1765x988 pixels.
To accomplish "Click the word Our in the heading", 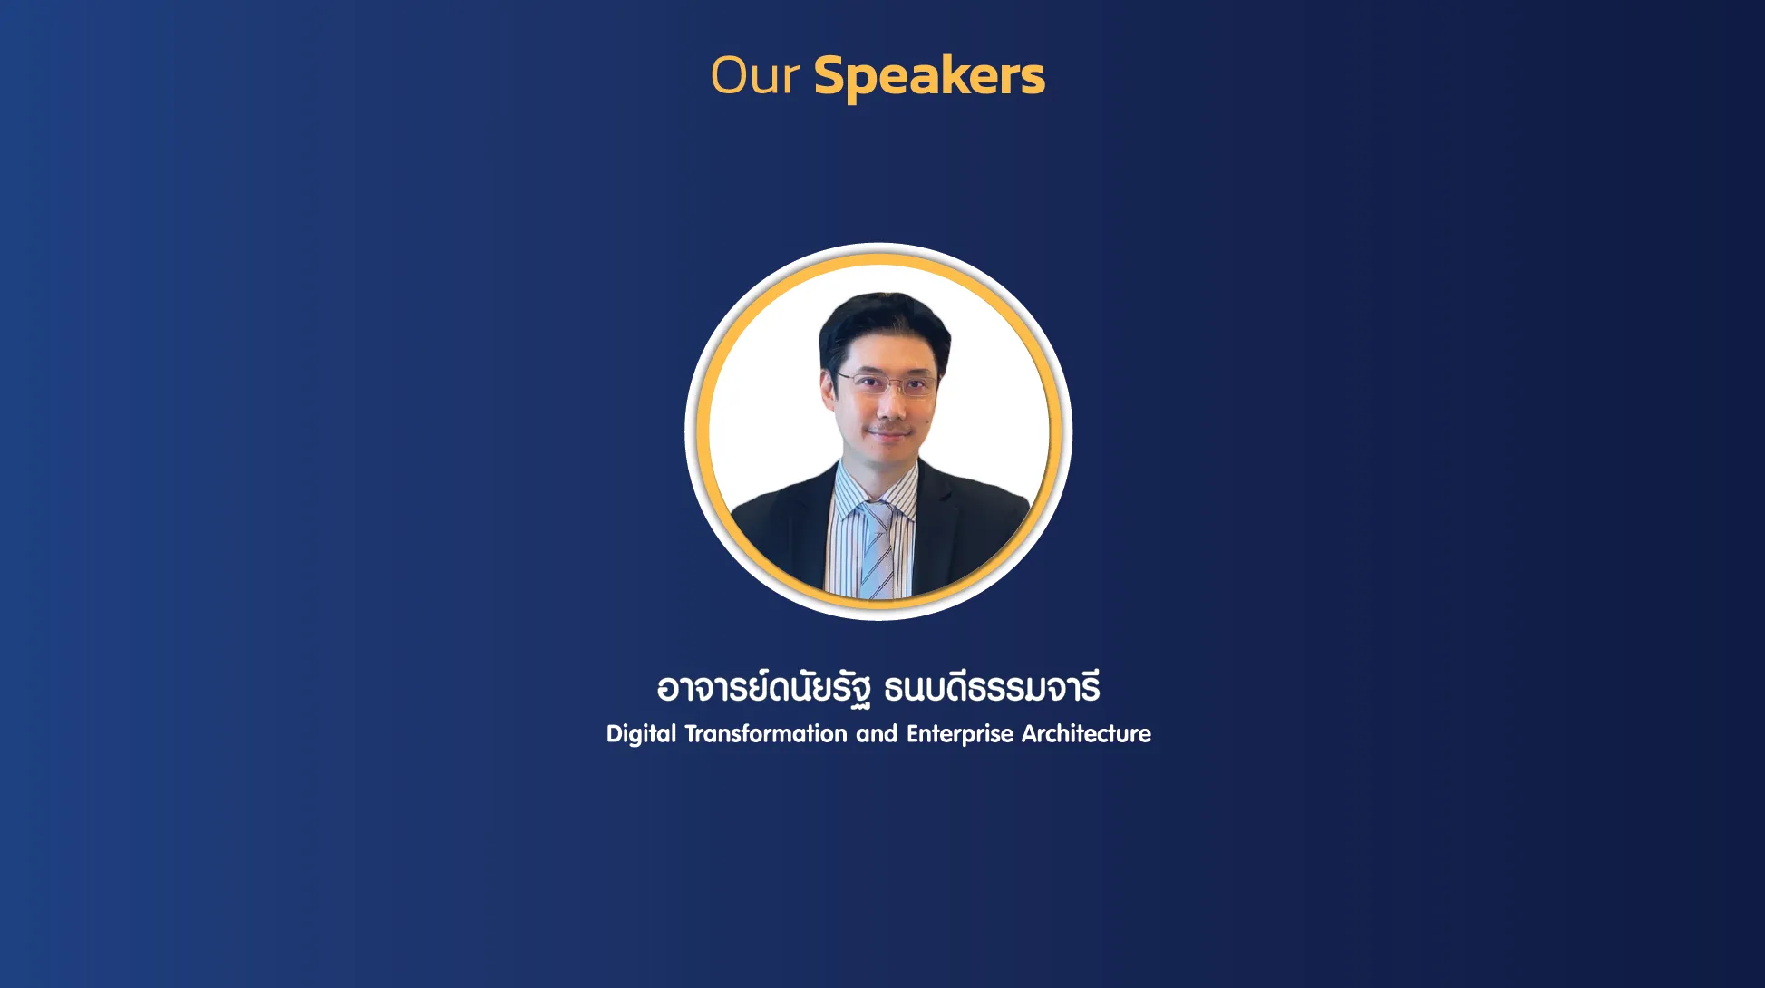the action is click(754, 75).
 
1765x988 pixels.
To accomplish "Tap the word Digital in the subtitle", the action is click(641, 734).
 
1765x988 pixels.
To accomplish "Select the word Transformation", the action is click(766, 733).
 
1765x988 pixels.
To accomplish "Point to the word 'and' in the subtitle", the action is click(877, 733).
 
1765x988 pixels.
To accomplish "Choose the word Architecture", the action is click(1086, 733).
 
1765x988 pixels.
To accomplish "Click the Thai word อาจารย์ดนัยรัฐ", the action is click(764, 688).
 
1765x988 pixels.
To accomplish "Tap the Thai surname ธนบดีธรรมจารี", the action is click(992, 687).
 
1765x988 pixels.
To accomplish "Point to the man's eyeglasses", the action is click(885, 383).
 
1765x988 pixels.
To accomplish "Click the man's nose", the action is click(887, 405).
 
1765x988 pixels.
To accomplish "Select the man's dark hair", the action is click(884, 326).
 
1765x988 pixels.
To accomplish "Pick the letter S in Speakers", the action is click(831, 76).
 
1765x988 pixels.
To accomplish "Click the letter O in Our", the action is click(731, 75).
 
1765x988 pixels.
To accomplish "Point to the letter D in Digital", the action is click(616, 733).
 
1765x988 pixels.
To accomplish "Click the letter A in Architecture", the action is click(1031, 733).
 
